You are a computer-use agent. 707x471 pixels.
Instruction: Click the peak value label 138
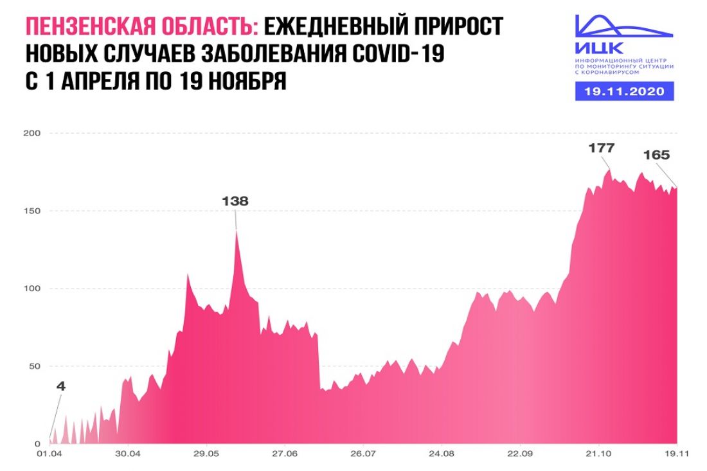tap(235, 201)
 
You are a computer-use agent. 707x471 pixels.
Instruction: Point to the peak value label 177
tap(602, 148)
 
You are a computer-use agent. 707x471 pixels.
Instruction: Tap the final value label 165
tap(656, 155)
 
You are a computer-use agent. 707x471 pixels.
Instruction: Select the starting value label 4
tap(61, 387)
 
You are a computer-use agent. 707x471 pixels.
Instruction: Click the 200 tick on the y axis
tap(32, 134)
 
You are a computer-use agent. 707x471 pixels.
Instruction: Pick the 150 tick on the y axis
tap(32, 211)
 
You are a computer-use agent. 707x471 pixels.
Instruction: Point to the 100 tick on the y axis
tap(32, 289)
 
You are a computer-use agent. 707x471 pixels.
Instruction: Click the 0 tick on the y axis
tap(37, 444)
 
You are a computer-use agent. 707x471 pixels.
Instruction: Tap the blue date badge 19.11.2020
tap(624, 91)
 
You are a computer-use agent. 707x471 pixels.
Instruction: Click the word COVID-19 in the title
tap(393, 55)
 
